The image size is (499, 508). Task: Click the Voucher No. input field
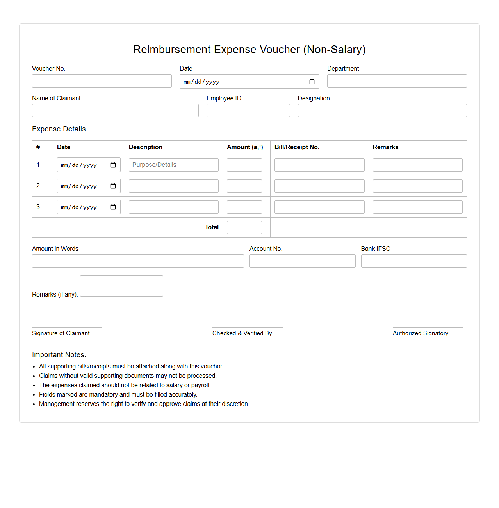(102, 81)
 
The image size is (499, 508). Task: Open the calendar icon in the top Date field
(312, 82)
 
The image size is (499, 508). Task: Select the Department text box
(397, 81)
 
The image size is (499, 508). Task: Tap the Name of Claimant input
(115, 111)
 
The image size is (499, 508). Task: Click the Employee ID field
(248, 111)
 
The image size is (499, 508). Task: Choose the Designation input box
(382, 111)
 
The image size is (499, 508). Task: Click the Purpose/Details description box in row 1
(173, 165)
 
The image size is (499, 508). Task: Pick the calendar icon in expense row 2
(113, 186)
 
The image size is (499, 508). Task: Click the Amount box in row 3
(244, 207)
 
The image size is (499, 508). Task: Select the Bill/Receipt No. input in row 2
(319, 186)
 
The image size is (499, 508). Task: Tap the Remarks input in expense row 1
(417, 165)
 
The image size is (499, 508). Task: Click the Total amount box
(244, 227)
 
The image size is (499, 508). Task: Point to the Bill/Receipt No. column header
(297, 147)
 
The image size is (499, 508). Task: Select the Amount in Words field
(138, 261)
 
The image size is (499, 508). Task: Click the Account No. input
(302, 261)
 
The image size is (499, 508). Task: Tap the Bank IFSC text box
(413, 261)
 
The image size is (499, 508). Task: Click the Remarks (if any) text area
(121, 286)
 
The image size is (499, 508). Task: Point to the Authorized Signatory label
(420, 333)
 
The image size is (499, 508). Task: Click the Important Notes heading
(59, 355)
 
